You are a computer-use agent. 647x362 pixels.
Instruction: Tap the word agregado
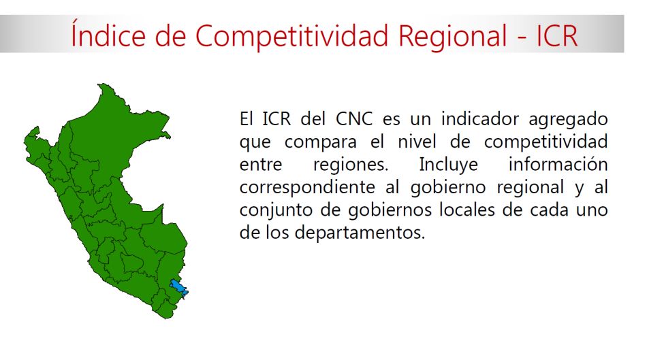pos(568,120)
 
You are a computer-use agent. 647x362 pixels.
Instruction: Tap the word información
pos(558,165)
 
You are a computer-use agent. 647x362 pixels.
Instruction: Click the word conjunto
pos(277,210)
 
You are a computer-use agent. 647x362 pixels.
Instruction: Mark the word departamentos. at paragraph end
pos(361,232)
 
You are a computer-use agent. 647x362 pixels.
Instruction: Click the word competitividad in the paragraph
pos(546,142)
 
